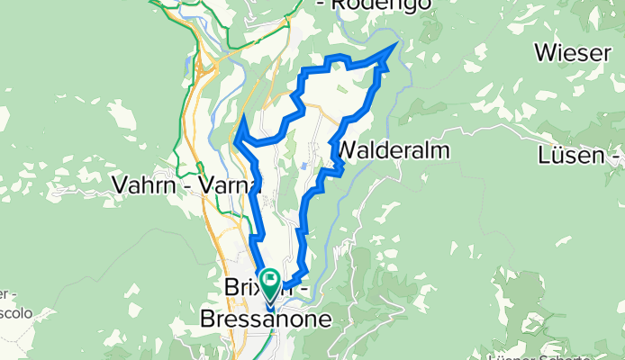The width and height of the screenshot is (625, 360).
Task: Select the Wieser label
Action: (x=574, y=52)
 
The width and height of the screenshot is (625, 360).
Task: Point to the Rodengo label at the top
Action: (x=376, y=5)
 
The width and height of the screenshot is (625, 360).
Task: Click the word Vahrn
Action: (x=144, y=184)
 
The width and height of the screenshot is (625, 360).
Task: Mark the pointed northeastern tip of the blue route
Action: (x=397, y=43)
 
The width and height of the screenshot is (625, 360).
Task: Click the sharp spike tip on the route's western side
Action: (x=244, y=115)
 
